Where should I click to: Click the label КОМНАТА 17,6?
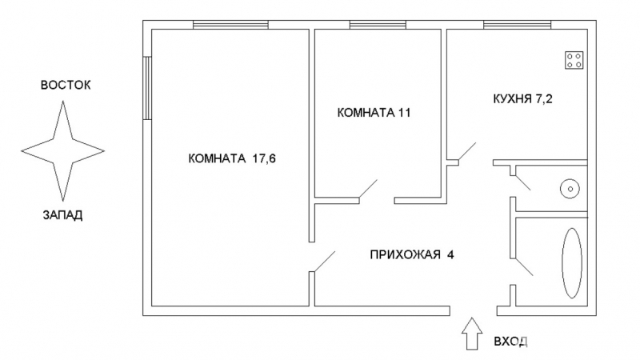tap(232, 158)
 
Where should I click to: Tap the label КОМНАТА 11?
tap(374, 113)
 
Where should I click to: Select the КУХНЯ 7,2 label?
tap(522, 99)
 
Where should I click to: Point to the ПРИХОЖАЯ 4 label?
tap(412, 254)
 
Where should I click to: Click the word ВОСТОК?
tap(66, 86)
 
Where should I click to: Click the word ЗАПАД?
tap(63, 215)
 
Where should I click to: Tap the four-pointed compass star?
tap(63, 151)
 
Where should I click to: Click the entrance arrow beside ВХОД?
tap(472, 334)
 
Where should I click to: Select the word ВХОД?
tap(510, 342)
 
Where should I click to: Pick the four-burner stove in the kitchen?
tap(574, 60)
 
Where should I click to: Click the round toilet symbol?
tap(570, 189)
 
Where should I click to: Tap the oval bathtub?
tap(572, 263)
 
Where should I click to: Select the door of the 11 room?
tap(368, 189)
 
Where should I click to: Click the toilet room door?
tap(523, 182)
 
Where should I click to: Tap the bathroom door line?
tap(524, 266)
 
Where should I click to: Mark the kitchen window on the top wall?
tap(518, 25)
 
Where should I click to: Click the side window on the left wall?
tap(147, 88)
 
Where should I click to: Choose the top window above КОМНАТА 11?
tap(378, 25)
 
